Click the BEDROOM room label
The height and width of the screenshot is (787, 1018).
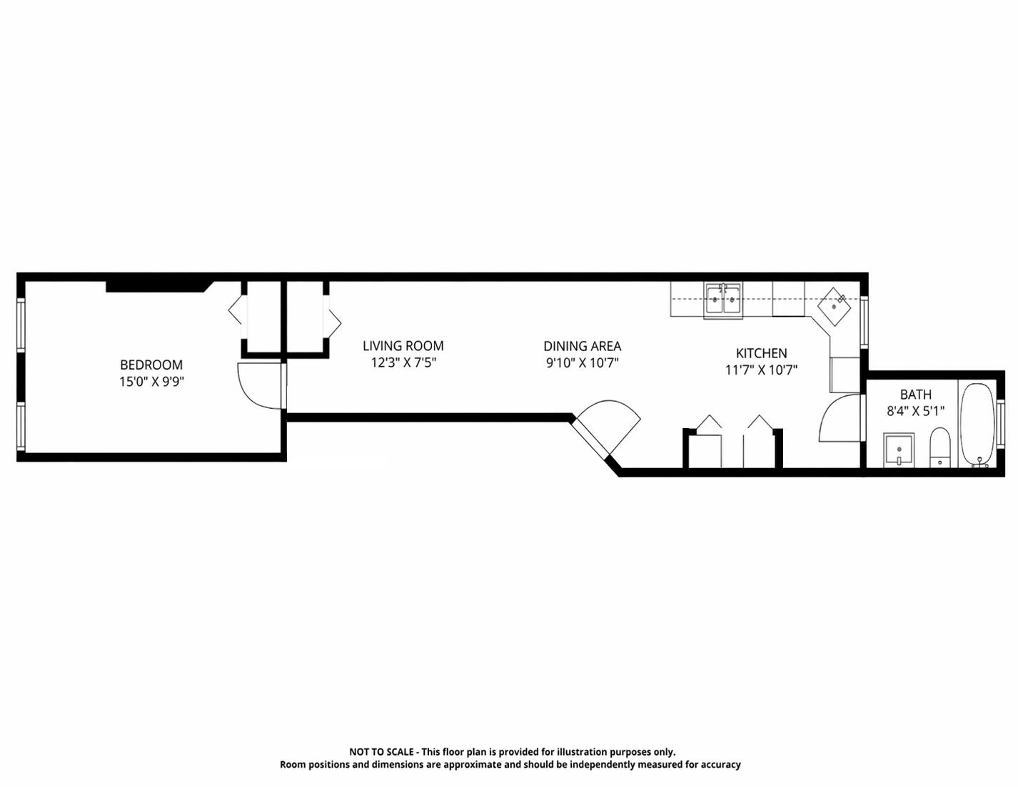pyautogui.click(x=151, y=364)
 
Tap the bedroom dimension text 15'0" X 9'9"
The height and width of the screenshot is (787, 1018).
pyautogui.click(x=151, y=382)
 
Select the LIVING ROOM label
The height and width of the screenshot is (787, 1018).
pyautogui.click(x=403, y=346)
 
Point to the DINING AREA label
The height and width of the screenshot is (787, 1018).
pyautogui.click(x=583, y=346)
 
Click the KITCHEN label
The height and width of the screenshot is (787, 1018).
pyautogui.click(x=761, y=353)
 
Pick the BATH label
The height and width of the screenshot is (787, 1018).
pyautogui.click(x=916, y=394)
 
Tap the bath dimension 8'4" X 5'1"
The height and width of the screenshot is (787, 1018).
pyautogui.click(x=916, y=411)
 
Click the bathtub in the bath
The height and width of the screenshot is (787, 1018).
pyautogui.click(x=978, y=425)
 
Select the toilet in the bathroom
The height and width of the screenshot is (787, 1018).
pyautogui.click(x=939, y=447)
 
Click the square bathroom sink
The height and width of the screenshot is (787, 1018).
pyautogui.click(x=899, y=450)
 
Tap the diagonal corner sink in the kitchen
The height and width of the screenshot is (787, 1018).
pyautogui.click(x=834, y=306)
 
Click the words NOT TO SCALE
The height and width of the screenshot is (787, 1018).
pyautogui.click(x=381, y=752)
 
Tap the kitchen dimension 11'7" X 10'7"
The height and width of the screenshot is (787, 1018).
pyautogui.click(x=761, y=370)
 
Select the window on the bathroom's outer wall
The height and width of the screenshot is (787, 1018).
pyautogui.click(x=1001, y=424)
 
